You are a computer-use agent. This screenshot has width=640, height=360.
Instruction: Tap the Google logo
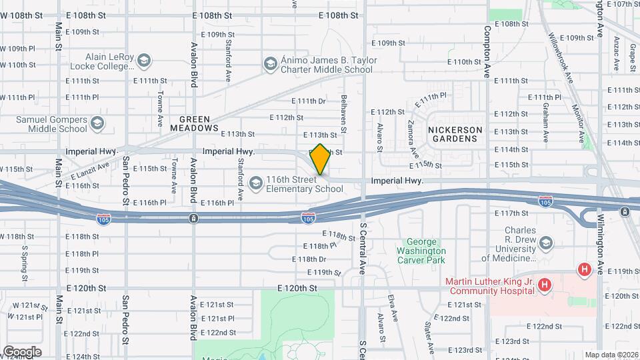point(22,351)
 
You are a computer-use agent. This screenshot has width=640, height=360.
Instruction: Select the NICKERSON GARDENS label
point(453,134)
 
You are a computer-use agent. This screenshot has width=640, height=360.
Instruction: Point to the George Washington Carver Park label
point(426,251)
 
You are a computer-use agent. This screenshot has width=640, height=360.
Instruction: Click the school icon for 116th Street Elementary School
point(255,183)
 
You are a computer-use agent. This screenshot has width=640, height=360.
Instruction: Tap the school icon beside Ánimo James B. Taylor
point(270,63)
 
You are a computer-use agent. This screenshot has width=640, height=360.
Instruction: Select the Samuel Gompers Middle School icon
point(97,123)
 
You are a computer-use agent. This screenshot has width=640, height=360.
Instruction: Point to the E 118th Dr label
point(309,259)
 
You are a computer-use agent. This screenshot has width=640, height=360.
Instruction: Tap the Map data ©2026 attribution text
point(611,355)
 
